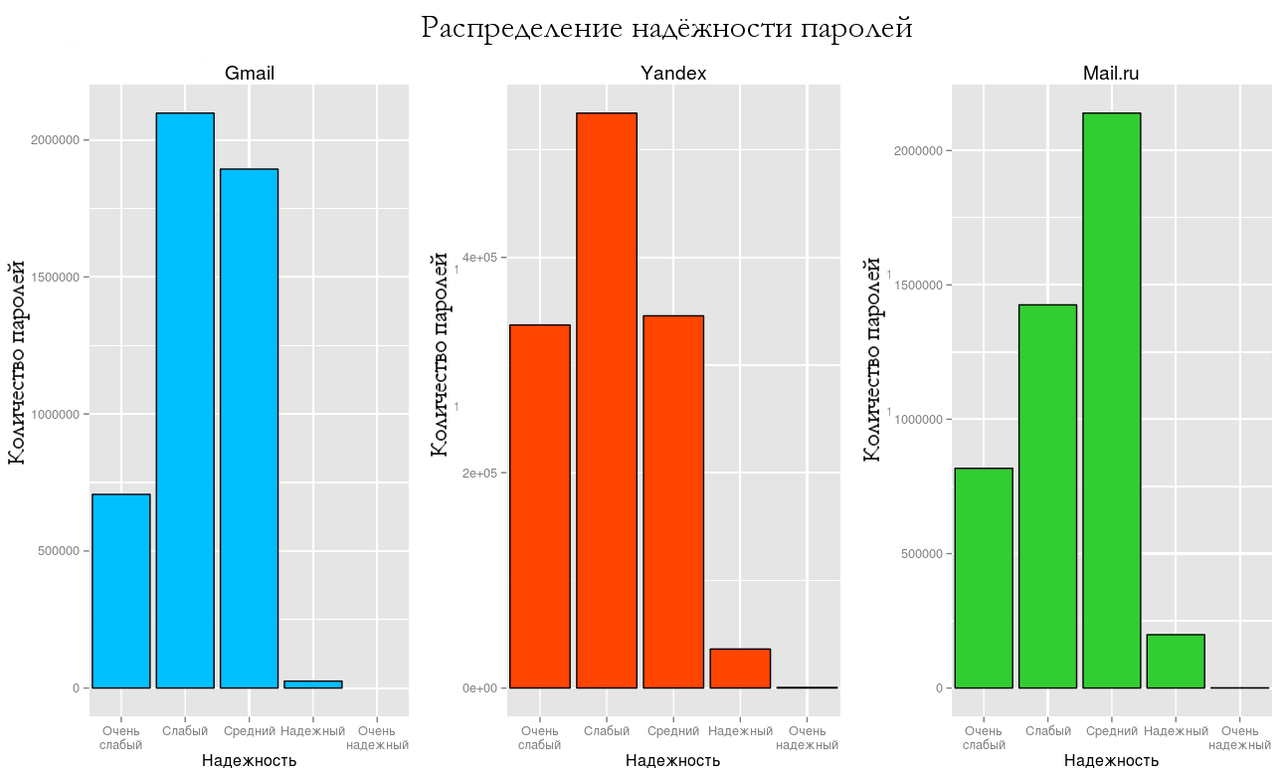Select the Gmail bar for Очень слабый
coord(121,591)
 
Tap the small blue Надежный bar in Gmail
coord(312,684)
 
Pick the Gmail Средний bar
coord(249,428)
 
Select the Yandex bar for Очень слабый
coord(540,506)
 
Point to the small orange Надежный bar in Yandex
coord(740,669)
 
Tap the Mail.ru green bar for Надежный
coord(1175,661)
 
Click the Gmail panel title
coord(250,74)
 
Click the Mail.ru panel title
coord(1111,74)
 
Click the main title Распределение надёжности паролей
coord(666,28)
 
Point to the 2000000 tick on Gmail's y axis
coord(56,140)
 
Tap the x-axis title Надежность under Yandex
coord(673,761)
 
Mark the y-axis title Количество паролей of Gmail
coord(17,362)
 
